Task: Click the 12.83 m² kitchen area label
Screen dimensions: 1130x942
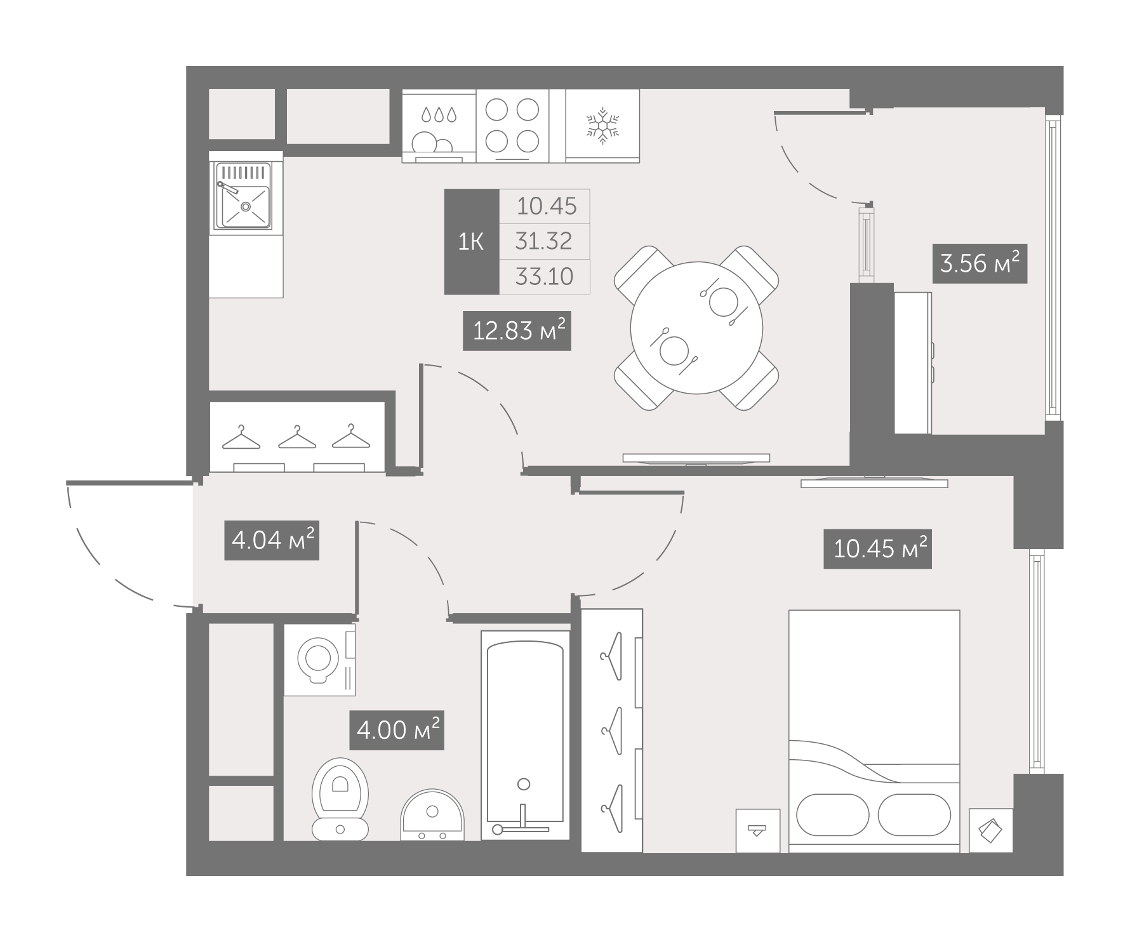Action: point(517,331)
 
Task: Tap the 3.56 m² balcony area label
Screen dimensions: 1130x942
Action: point(980,263)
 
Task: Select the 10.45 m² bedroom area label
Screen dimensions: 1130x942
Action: point(877,548)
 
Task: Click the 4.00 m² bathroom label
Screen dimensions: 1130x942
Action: point(397,730)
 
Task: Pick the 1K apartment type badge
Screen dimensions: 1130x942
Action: point(472,242)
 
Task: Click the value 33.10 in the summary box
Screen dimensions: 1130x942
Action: point(545,277)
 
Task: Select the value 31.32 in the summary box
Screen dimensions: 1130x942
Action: point(545,241)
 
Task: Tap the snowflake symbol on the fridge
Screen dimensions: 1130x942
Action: point(602,124)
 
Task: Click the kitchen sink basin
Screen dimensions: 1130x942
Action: point(244,196)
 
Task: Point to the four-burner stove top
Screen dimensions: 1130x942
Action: point(512,126)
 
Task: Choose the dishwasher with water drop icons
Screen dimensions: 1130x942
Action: point(439,126)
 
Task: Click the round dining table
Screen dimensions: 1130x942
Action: point(696,328)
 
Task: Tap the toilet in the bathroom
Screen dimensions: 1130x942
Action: point(340,799)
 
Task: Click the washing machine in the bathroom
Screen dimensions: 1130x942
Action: point(319,660)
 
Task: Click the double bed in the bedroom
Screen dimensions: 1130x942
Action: point(874,731)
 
